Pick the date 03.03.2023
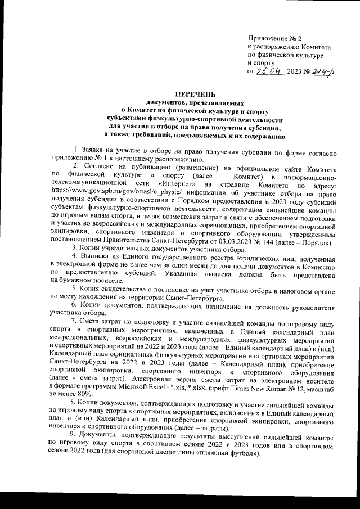[x=216, y=242]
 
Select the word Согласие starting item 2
[x=100, y=168]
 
